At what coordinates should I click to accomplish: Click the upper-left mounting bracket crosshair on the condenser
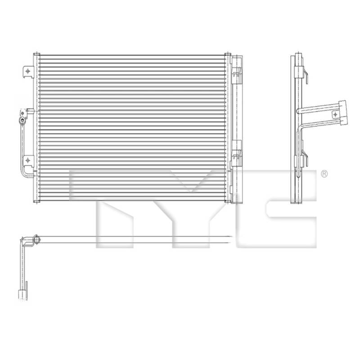(x=28, y=71)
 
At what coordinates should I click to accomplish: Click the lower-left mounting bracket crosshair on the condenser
(x=28, y=160)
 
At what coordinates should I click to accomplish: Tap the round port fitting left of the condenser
(x=22, y=120)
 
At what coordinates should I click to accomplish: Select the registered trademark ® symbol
(x=324, y=174)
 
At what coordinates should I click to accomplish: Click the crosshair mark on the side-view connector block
(x=335, y=114)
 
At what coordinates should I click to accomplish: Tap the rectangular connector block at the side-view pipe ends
(x=343, y=112)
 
